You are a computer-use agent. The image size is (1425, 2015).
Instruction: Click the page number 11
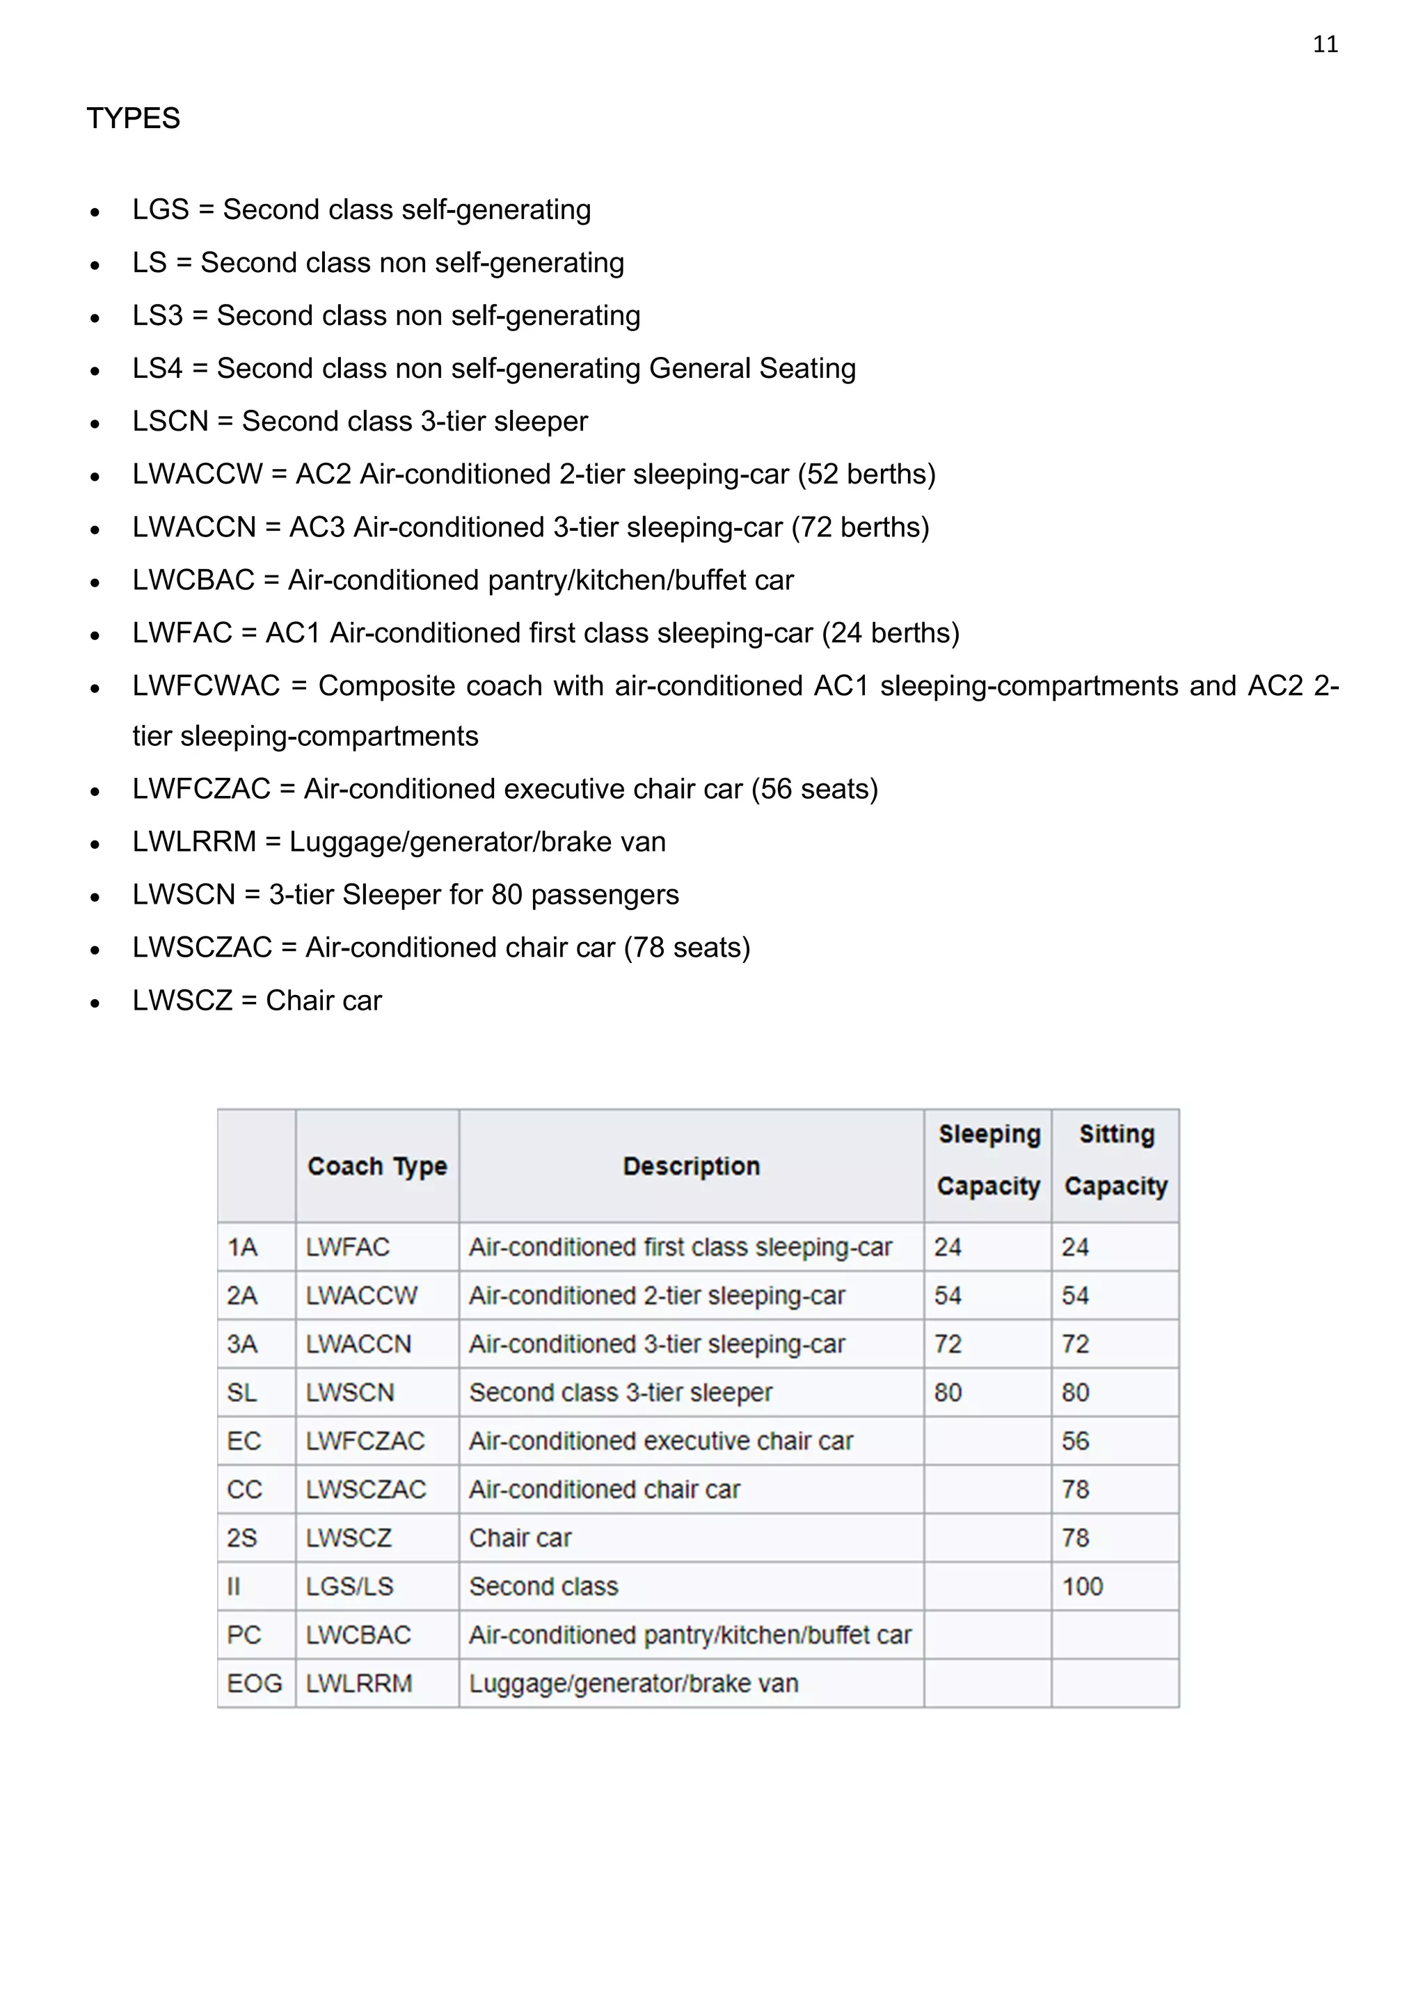tap(1325, 45)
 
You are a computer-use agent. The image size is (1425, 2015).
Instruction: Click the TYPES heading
tap(134, 118)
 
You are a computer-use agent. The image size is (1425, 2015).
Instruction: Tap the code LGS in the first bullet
tap(161, 209)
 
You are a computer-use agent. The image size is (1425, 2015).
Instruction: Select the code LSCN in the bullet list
tap(170, 421)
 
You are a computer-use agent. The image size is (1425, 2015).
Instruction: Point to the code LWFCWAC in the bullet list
tap(206, 685)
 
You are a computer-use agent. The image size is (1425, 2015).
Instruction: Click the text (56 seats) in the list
tap(814, 789)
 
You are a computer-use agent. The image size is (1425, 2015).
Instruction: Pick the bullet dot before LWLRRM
tap(95, 844)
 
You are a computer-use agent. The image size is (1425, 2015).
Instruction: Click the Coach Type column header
tap(377, 1166)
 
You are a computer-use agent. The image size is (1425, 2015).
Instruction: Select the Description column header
tap(692, 1166)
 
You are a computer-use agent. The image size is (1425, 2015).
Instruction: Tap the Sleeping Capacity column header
tap(988, 1160)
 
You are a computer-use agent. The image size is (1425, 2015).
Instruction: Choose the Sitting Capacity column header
tap(1115, 1160)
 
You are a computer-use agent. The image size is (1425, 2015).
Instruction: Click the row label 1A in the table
tap(242, 1247)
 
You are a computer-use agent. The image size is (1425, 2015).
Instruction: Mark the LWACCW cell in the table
tap(362, 1296)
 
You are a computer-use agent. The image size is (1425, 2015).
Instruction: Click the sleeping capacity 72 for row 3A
tap(948, 1344)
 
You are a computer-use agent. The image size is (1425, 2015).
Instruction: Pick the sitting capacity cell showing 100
tap(1082, 1586)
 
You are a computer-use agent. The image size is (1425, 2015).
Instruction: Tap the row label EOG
tap(255, 1683)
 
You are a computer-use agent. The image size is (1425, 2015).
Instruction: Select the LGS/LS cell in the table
tap(349, 1586)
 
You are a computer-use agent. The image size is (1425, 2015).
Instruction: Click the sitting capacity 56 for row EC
tap(1075, 1441)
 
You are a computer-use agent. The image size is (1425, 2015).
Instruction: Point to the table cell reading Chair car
tap(520, 1538)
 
